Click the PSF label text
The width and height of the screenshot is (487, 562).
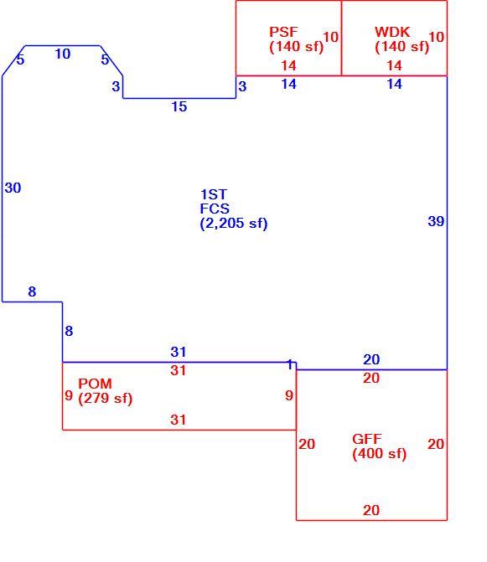click(283, 32)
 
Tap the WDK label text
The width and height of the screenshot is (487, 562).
click(392, 32)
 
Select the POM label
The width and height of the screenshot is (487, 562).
click(95, 384)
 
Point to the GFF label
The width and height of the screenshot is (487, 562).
click(367, 439)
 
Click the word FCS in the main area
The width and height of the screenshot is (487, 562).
click(215, 209)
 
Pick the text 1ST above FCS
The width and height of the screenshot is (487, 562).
click(214, 194)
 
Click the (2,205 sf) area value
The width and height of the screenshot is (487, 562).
click(234, 224)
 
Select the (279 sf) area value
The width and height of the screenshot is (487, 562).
click(106, 398)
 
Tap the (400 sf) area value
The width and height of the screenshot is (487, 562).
click(380, 454)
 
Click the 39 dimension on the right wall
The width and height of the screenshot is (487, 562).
click(436, 221)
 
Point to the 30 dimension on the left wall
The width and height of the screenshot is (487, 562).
click(13, 188)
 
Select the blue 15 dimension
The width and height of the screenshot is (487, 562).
click(179, 106)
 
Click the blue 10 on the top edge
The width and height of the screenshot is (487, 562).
click(62, 54)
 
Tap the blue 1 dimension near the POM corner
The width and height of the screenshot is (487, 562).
click(290, 365)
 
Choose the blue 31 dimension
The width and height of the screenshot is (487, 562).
click(179, 352)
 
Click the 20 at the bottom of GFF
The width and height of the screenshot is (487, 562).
click(371, 510)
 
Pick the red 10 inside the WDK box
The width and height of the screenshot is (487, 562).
click(436, 37)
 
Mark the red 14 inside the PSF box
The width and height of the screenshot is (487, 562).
click(288, 65)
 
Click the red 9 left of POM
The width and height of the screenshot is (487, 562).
click(69, 395)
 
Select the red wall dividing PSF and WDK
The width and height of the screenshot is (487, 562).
click(341, 38)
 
